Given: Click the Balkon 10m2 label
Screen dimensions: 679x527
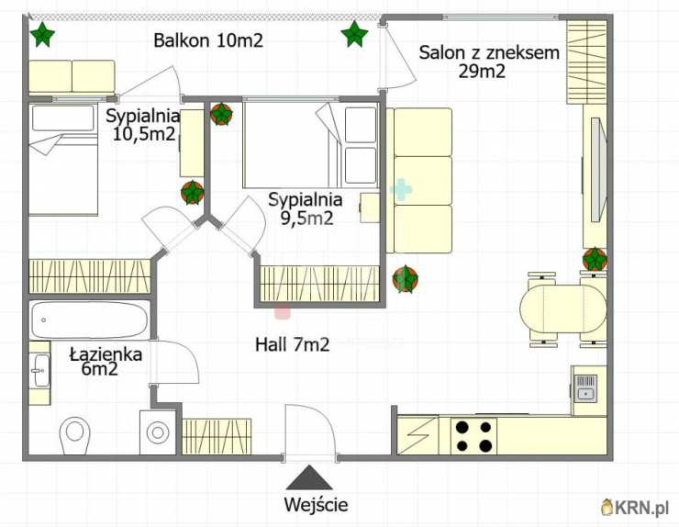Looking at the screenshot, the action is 208,40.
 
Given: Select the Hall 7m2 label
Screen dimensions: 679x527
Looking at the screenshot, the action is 293,344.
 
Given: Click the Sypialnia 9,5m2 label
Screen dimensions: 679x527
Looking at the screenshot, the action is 306,208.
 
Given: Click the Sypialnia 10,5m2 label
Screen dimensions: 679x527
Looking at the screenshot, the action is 143,125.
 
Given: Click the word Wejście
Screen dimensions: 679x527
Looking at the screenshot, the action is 316,504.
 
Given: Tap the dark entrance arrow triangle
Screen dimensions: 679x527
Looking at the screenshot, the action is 308,477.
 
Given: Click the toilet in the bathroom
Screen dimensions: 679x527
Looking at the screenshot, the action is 75,434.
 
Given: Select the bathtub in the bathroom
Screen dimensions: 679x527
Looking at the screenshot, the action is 89,320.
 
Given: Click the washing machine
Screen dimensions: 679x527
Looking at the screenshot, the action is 158,432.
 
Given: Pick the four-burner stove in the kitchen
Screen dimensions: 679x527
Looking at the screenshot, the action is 473,435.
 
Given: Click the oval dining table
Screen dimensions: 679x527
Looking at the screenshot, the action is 563,309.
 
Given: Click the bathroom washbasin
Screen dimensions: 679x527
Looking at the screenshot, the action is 40,371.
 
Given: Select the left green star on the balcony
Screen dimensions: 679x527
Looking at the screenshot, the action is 42,34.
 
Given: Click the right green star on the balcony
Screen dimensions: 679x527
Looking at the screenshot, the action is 355,34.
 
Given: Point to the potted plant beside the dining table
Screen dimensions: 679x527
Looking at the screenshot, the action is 595,259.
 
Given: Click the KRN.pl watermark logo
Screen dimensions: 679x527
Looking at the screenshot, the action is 635,507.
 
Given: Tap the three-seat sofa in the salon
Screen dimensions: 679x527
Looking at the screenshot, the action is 419,181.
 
